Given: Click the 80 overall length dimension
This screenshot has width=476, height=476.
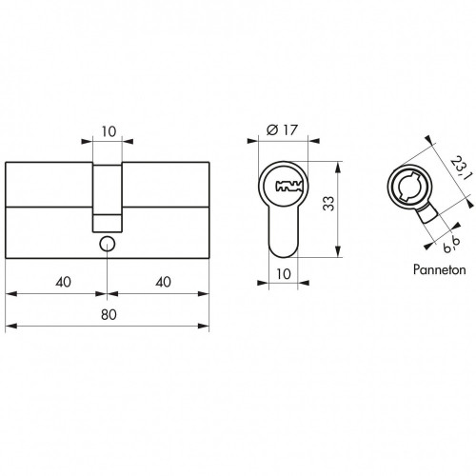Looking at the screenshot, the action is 109,314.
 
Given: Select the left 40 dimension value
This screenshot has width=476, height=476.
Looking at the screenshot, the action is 64,282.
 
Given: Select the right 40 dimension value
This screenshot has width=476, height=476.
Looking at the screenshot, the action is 164,282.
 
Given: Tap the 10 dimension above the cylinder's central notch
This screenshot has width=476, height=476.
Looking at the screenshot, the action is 109,131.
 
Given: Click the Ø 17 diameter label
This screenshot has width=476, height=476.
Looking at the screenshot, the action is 283,129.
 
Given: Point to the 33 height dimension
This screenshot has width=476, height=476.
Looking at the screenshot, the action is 328,204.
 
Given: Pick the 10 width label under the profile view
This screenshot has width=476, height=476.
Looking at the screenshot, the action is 284,273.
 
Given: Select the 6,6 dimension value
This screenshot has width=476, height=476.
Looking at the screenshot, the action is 452,245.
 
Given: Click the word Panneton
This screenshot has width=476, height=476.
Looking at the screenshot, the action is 440,269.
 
